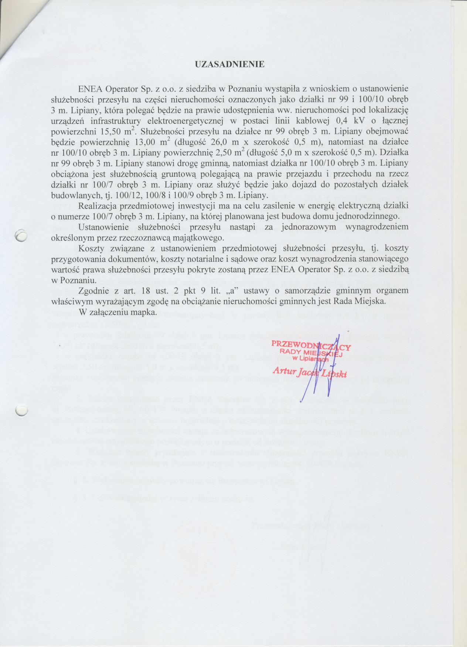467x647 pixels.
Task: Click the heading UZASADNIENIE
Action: [229, 64]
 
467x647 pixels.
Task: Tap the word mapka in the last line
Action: [144, 312]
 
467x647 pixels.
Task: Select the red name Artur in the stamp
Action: [283, 370]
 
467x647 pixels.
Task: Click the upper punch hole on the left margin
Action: [21, 235]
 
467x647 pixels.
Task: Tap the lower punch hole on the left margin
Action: [21, 410]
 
